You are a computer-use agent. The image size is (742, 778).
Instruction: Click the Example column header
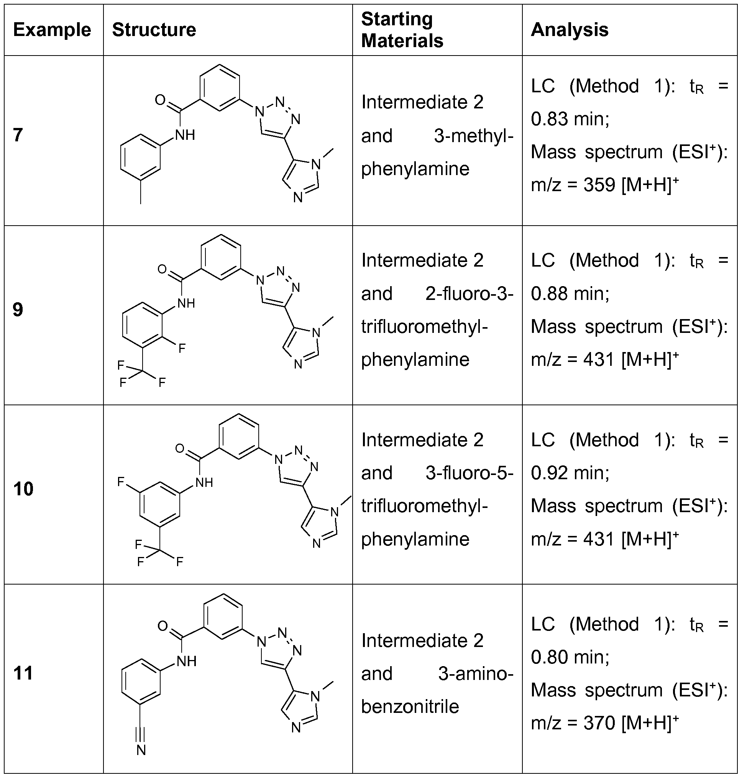click(x=52, y=30)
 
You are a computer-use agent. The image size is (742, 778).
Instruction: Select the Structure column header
click(x=154, y=30)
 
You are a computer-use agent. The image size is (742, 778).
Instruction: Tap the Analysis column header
click(x=569, y=30)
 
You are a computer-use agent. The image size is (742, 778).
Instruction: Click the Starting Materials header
click(x=402, y=30)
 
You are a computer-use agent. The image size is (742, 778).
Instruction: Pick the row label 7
click(x=18, y=135)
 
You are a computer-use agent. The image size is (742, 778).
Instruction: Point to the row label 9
click(x=18, y=310)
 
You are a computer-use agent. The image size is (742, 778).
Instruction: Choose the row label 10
click(x=23, y=489)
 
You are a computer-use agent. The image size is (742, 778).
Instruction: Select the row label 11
click(x=23, y=673)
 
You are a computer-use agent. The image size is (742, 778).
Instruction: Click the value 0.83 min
click(x=570, y=119)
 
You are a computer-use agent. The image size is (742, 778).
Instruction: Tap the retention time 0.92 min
click(x=570, y=473)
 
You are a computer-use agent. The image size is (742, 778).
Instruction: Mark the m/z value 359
click(x=599, y=185)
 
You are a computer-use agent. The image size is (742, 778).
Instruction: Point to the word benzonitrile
click(x=410, y=706)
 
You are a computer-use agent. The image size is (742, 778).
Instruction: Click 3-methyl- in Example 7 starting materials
click(x=473, y=136)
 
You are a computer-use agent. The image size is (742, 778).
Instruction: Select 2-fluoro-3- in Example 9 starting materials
click(x=469, y=294)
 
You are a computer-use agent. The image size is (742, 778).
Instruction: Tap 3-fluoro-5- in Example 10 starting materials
click(x=469, y=473)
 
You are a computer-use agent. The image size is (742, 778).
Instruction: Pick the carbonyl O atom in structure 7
click(x=160, y=100)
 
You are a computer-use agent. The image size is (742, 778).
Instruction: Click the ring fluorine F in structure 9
click(x=182, y=348)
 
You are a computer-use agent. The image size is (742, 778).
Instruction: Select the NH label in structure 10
click(x=204, y=482)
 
